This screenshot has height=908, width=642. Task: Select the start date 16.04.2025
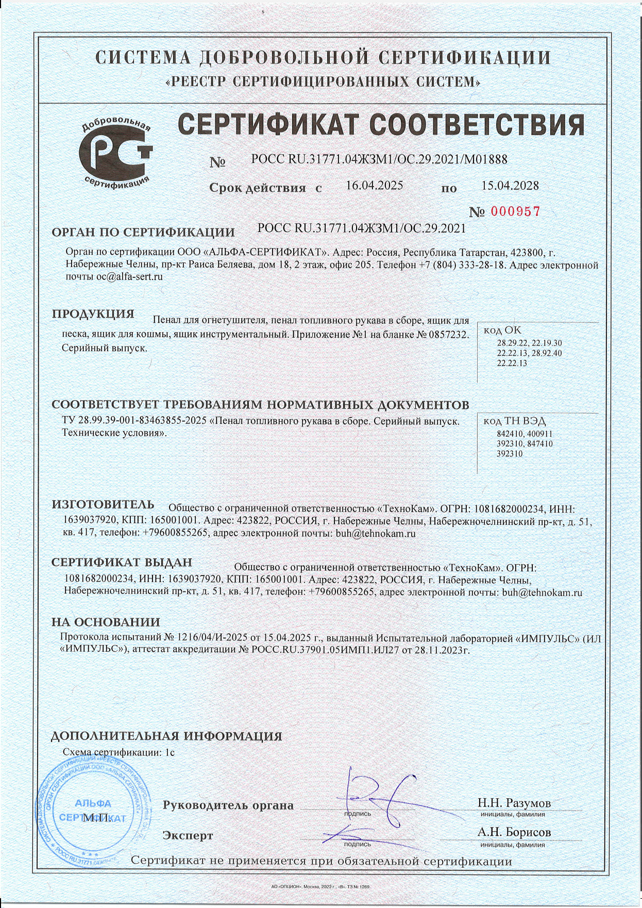click(x=374, y=186)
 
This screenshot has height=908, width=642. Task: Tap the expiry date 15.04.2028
click(x=510, y=186)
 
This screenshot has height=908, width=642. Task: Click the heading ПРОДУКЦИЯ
click(x=93, y=314)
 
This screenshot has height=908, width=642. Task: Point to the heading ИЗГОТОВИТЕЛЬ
click(x=103, y=505)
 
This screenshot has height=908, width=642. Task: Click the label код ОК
click(x=502, y=331)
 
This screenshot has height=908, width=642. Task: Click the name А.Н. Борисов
click(x=514, y=832)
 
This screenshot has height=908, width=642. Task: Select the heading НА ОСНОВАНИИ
click(x=106, y=622)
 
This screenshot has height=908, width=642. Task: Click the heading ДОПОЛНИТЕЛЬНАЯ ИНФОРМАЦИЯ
click(x=166, y=736)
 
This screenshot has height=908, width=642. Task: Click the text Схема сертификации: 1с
click(x=119, y=752)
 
